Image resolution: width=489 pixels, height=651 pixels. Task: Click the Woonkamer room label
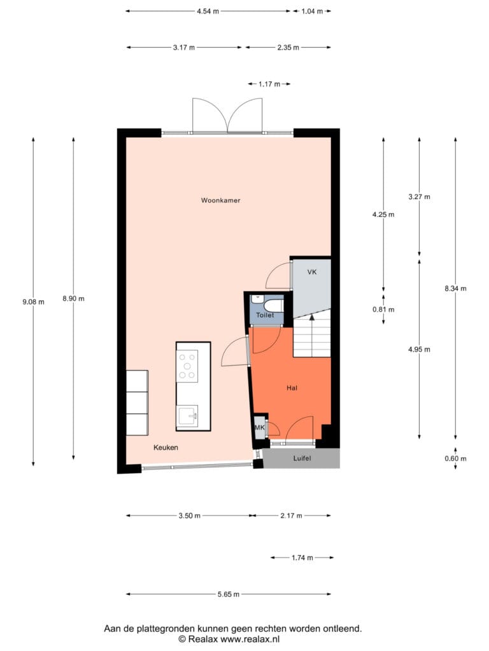click(x=220, y=200)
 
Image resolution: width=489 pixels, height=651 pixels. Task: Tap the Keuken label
click(x=166, y=447)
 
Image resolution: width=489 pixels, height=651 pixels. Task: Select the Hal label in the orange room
click(x=292, y=388)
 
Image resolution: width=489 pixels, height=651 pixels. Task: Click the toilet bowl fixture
click(x=274, y=306)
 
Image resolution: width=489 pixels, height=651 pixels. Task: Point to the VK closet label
click(x=312, y=272)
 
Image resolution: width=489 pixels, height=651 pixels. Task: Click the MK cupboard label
click(x=260, y=427)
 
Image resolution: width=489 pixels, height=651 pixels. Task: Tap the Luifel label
click(x=302, y=458)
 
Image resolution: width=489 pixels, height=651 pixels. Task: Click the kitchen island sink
click(x=188, y=416)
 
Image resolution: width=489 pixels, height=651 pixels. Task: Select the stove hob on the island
click(x=187, y=366)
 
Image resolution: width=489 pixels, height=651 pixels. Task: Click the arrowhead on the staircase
click(x=311, y=317)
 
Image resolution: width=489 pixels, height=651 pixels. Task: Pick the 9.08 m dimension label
click(x=33, y=302)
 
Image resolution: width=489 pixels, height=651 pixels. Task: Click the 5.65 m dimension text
click(x=229, y=594)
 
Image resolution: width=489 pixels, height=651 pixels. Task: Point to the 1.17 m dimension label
click(x=269, y=84)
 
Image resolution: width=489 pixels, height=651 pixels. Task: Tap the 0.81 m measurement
click(x=383, y=310)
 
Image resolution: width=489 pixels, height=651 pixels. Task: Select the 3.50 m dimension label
click(x=189, y=516)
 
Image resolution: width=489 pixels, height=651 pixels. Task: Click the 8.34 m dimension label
click(x=455, y=288)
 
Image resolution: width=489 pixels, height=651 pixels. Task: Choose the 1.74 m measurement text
click(x=302, y=558)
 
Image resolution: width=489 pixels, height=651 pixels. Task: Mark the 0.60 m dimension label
click(x=455, y=458)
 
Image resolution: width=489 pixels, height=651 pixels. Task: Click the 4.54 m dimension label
click(x=208, y=11)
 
